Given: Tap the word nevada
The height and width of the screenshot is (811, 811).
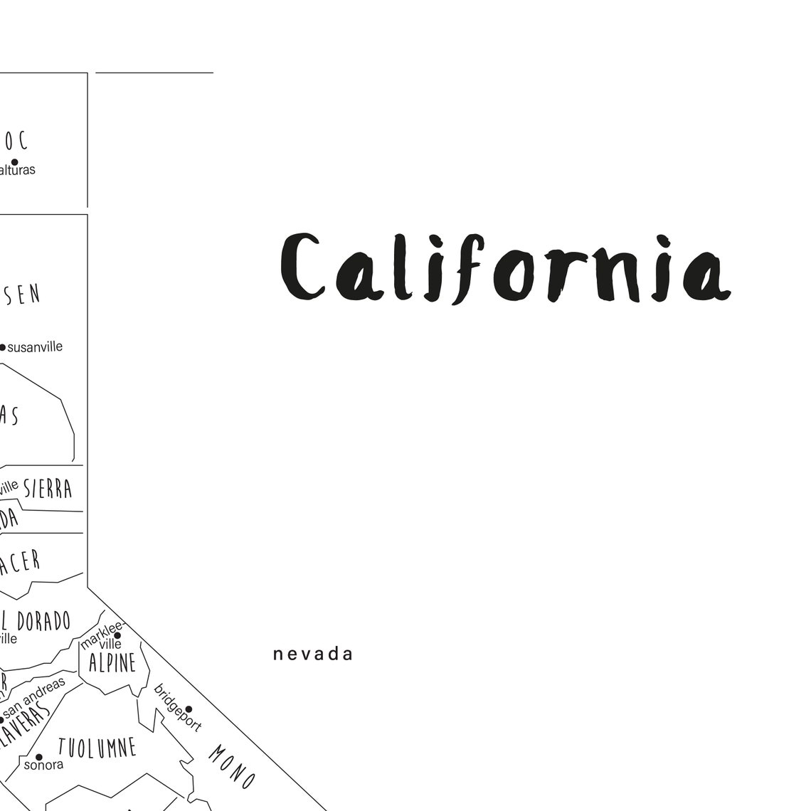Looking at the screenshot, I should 313,654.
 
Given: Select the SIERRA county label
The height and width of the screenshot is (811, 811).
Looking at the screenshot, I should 48,489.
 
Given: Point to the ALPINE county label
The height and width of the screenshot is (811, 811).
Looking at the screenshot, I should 112,664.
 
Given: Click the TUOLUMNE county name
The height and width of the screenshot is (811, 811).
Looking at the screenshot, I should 97,748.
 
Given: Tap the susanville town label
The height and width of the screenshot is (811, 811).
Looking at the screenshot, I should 35,347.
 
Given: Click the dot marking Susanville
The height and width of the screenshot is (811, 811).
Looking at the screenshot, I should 2,347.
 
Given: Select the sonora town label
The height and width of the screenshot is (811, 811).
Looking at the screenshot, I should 43,765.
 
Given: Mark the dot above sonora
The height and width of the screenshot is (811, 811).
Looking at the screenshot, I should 38,757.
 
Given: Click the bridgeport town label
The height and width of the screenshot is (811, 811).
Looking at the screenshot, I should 177,709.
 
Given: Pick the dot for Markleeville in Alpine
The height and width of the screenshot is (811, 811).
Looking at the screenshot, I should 117,635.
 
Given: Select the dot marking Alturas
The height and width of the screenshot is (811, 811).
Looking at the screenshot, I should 14,161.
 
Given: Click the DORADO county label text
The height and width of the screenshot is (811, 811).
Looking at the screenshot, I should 44,621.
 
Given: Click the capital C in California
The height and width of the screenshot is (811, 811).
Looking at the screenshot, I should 302,267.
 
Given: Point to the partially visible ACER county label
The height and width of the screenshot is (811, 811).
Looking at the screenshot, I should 20,562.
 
